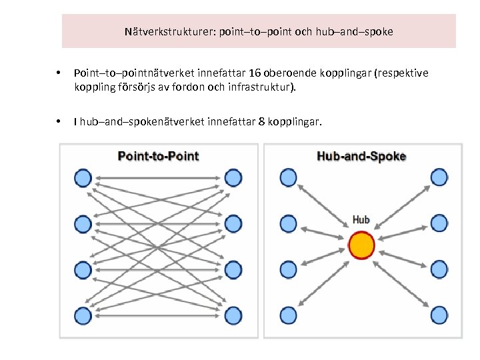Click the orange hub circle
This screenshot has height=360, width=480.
pos(362,245)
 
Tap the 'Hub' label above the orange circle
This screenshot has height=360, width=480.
pos(361,219)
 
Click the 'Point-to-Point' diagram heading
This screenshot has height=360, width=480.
pos(158,157)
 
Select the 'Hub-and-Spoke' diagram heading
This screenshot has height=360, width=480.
pos(361,157)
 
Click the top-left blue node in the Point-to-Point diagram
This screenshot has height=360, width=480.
pos(83,178)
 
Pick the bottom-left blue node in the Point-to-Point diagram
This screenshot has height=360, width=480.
pos(83,315)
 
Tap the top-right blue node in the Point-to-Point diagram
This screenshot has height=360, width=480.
pos(233,178)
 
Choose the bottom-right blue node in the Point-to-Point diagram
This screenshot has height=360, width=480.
pos(233,315)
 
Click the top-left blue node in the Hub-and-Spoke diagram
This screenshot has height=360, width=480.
pos(288,177)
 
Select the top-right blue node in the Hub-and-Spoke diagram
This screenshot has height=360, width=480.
pos(439,177)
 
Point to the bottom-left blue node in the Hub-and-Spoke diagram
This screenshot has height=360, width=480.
pos(288,315)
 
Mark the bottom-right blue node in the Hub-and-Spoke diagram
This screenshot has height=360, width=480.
pos(439,315)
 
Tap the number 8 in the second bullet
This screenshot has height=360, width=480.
pos(261,122)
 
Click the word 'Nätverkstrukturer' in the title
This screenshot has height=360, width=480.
pos(167,31)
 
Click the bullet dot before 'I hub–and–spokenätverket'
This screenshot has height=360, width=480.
pos(59,122)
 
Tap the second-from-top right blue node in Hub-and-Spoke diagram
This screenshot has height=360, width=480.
pos(439,223)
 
